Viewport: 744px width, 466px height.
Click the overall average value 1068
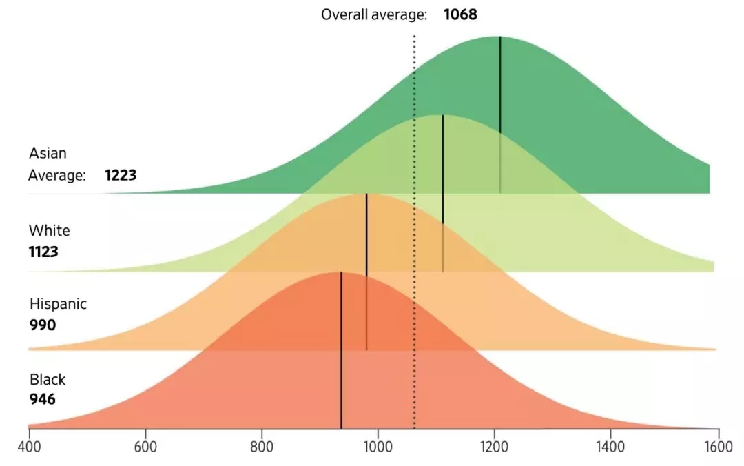click(460, 14)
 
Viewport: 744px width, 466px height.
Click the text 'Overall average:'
click(374, 14)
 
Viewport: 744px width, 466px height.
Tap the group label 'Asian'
click(48, 153)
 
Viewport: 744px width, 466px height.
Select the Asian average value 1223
click(121, 175)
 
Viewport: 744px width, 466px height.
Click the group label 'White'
click(49, 230)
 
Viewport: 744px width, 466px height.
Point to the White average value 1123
click(43, 252)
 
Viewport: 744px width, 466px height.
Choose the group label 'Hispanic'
click(58, 304)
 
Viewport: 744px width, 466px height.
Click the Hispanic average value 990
click(42, 325)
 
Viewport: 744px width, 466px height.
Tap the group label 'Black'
click(48, 379)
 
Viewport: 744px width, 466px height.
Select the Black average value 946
click(42, 400)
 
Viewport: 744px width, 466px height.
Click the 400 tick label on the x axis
click(29, 447)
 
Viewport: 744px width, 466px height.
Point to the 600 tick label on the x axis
click(145, 447)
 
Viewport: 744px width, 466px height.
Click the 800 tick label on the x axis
click(262, 447)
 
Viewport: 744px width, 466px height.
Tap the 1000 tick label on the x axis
click(378, 447)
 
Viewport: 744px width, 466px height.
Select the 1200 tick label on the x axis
click(494, 447)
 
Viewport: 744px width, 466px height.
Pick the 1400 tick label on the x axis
click(610, 447)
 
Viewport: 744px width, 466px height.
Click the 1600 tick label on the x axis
click(719, 447)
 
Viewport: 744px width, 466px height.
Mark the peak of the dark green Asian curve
click(500, 37)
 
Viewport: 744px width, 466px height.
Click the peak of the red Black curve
click(341, 272)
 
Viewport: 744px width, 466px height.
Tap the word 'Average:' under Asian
click(57, 175)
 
